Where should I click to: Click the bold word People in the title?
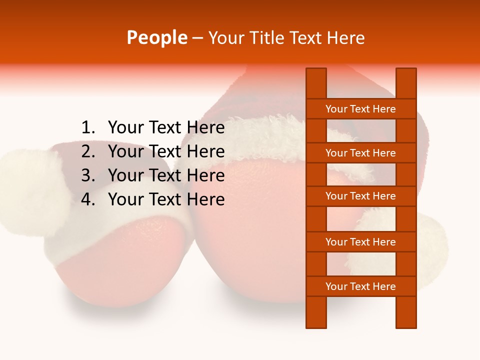[x=157, y=37]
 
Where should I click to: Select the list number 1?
[x=88, y=128]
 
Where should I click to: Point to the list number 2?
[x=88, y=151]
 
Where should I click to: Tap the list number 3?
[x=88, y=175]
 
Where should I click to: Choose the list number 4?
[x=88, y=199]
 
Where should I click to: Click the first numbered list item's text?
[x=166, y=128]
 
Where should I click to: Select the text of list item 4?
[x=166, y=199]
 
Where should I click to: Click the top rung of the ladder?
[x=360, y=109]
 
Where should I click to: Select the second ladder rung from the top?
[x=360, y=153]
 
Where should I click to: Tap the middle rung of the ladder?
[x=360, y=196]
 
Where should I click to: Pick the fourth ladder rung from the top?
[x=360, y=242]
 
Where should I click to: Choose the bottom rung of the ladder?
[x=360, y=286]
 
